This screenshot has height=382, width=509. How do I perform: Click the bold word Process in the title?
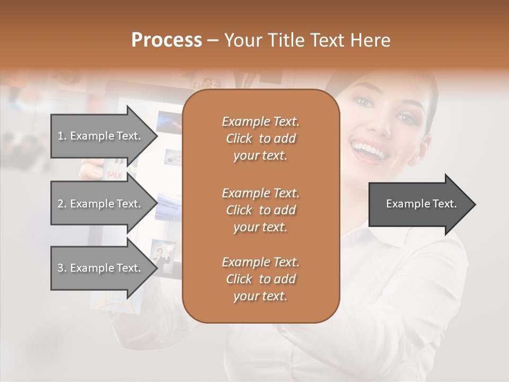[166, 40]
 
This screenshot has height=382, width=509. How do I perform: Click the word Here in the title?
[370, 40]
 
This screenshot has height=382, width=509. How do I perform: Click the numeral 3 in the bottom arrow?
[60, 268]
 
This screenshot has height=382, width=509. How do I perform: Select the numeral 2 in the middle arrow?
[60, 204]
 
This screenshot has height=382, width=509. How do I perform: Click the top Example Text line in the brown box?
[260, 121]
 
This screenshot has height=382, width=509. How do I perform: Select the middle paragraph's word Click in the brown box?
[239, 210]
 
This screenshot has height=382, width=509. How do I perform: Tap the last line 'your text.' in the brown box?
[260, 296]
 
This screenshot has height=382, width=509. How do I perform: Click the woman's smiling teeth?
[369, 148]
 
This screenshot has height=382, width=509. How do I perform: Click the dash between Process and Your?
[213, 40]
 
